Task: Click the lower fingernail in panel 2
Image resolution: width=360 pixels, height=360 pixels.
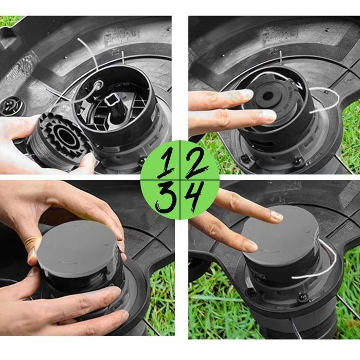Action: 267,117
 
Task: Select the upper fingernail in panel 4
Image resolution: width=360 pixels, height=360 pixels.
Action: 277,215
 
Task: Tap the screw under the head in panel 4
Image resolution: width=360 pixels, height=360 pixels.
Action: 302,297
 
